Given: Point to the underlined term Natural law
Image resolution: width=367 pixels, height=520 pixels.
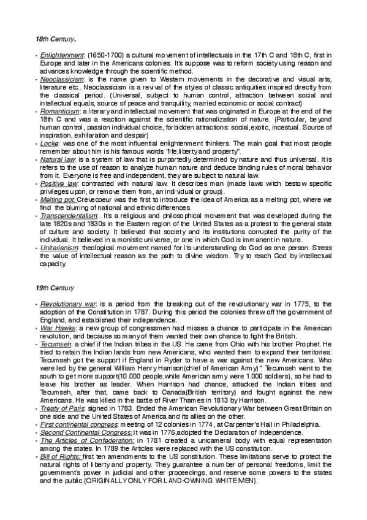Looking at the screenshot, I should tap(56, 158).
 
